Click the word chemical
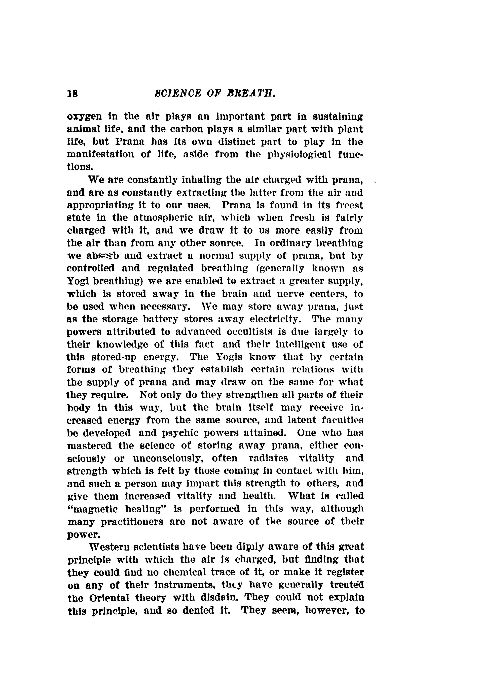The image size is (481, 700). point(187,572)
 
